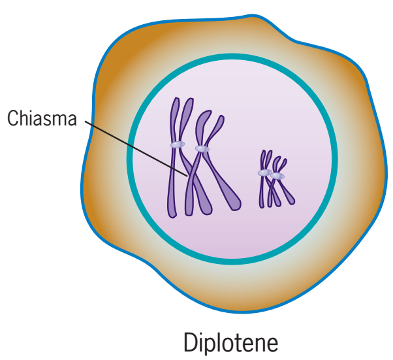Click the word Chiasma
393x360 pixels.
pyautogui.click(x=42, y=119)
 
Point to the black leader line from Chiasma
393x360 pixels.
pyautogui.click(x=131, y=144)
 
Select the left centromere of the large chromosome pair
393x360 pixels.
pyautogui.click(x=177, y=144)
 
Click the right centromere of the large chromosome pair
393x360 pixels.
pyautogui.click(x=202, y=149)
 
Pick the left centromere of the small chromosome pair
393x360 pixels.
pyautogui.click(x=264, y=172)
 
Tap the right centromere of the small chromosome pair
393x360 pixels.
pyautogui.click(x=278, y=176)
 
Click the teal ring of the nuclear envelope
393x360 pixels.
pyautogui.click(x=232, y=60)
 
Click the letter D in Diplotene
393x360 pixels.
pyautogui.click(x=190, y=342)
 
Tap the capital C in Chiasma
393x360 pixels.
pyautogui.click(x=12, y=119)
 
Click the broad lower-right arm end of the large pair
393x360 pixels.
pyautogui.click(x=230, y=199)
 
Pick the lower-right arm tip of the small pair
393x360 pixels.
pyautogui.click(x=290, y=199)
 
